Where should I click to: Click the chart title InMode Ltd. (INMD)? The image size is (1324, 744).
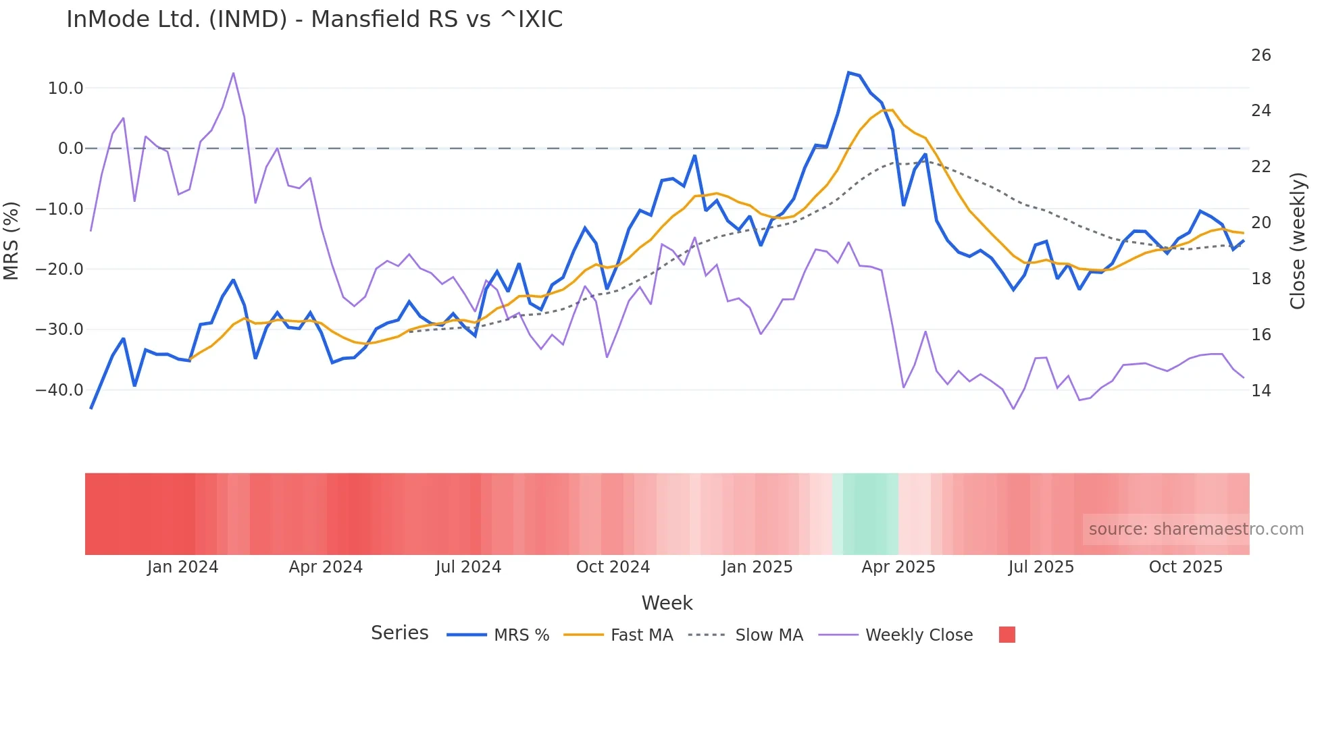click(x=314, y=20)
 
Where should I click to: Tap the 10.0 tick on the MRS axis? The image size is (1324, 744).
click(x=66, y=88)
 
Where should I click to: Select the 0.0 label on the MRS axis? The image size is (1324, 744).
click(x=70, y=149)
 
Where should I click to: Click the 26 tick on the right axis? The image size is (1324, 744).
click(x=1261, y=55)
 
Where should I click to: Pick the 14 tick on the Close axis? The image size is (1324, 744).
click(x=1261, y=391)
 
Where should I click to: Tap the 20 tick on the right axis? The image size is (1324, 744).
click(x=1261, y=223)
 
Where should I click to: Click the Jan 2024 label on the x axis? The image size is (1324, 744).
click(x=182, y=567)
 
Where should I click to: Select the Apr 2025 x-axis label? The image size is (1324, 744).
click(x=898, y=567)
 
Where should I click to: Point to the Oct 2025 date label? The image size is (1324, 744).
click(x=1186, y=567)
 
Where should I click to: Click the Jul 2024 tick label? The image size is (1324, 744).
click(x=468, y=567)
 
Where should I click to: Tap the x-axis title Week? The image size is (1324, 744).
click(x=667, y=603)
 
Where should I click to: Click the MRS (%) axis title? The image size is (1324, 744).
click(x=11, y=240)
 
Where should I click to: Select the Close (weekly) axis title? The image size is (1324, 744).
click(x=1297, y=240)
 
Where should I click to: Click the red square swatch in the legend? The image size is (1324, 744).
click(x=1007, y=635)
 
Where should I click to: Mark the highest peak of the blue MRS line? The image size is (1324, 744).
click(x=848, y=73)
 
